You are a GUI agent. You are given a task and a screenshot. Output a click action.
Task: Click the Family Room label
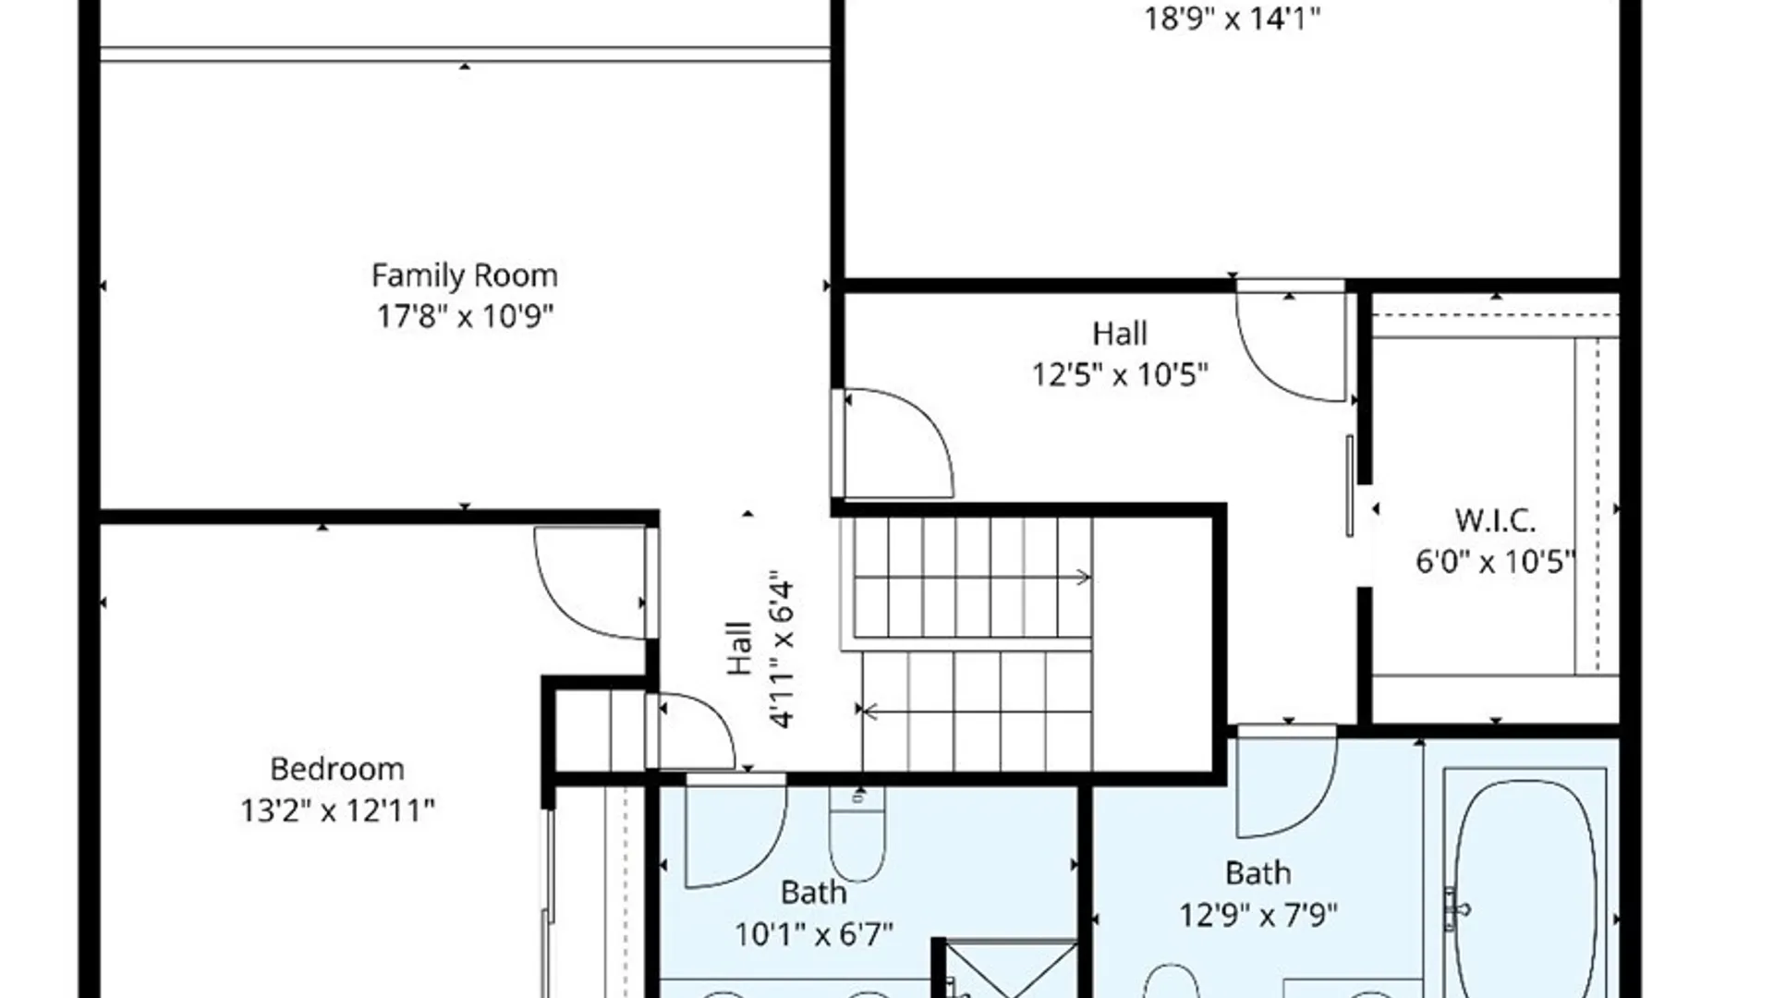(464, 275)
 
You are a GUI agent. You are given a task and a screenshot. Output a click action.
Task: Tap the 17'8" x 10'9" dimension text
(464, 316)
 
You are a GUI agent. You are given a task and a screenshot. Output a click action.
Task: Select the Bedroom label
(336, 769)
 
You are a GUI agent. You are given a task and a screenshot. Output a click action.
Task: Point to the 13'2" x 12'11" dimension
(336, 810)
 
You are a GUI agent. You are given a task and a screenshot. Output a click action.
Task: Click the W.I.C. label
(1495, 520)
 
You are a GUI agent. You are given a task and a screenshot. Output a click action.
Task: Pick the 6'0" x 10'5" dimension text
(1495, 561)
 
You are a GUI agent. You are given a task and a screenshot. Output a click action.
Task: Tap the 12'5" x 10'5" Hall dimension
(1120, 374)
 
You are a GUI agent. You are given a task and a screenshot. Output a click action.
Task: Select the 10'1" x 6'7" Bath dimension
(813, 934)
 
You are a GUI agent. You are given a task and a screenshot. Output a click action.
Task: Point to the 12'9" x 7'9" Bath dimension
(1258, 915)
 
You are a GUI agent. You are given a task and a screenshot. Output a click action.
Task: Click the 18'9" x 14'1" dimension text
(1232, 18)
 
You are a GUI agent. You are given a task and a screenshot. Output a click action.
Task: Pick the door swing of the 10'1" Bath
(739, 836)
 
